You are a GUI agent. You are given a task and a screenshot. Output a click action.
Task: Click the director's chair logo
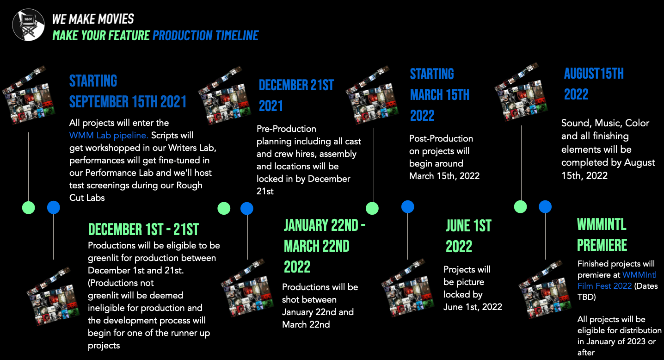click(29, 25)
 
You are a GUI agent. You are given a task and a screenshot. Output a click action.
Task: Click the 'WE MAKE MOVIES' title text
click(93, 19)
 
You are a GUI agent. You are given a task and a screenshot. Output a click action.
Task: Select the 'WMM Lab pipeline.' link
click(109, 135)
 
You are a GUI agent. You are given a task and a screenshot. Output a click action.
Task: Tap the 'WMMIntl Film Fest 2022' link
click(617, 280)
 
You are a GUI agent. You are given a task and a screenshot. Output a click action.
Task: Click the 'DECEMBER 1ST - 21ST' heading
click(143, 229)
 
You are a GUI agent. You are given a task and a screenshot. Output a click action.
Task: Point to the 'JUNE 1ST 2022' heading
click(468, 236)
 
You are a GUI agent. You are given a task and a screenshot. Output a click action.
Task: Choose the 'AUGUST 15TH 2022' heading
click(594, 84)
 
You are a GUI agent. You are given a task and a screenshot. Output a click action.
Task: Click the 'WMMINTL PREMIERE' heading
click(602, 235)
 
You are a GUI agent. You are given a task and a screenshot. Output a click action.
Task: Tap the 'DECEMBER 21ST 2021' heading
click(296, 95)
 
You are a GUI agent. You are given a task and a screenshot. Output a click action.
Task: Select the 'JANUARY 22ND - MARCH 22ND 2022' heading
click(324, 246)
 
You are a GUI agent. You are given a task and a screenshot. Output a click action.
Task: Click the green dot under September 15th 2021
click(29, 208)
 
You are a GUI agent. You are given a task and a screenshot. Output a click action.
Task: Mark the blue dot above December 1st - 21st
click(53, 207)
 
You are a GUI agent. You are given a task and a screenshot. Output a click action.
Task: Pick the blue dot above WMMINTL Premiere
click(545, 207)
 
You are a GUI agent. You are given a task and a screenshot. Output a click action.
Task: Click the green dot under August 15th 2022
click(520, 207)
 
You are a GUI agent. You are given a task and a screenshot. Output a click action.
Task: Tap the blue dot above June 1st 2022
click(407, 207)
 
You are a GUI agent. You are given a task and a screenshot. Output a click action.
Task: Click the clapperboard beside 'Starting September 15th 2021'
click(29, 95)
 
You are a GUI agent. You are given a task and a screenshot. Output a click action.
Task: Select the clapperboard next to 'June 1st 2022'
click(407, 288)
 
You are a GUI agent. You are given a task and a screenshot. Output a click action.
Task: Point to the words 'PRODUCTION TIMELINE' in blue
click(205, 36)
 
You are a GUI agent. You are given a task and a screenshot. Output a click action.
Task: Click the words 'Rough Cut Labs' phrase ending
click(136, 191)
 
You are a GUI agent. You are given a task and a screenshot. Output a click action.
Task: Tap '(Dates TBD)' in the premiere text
click(617, 291)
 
